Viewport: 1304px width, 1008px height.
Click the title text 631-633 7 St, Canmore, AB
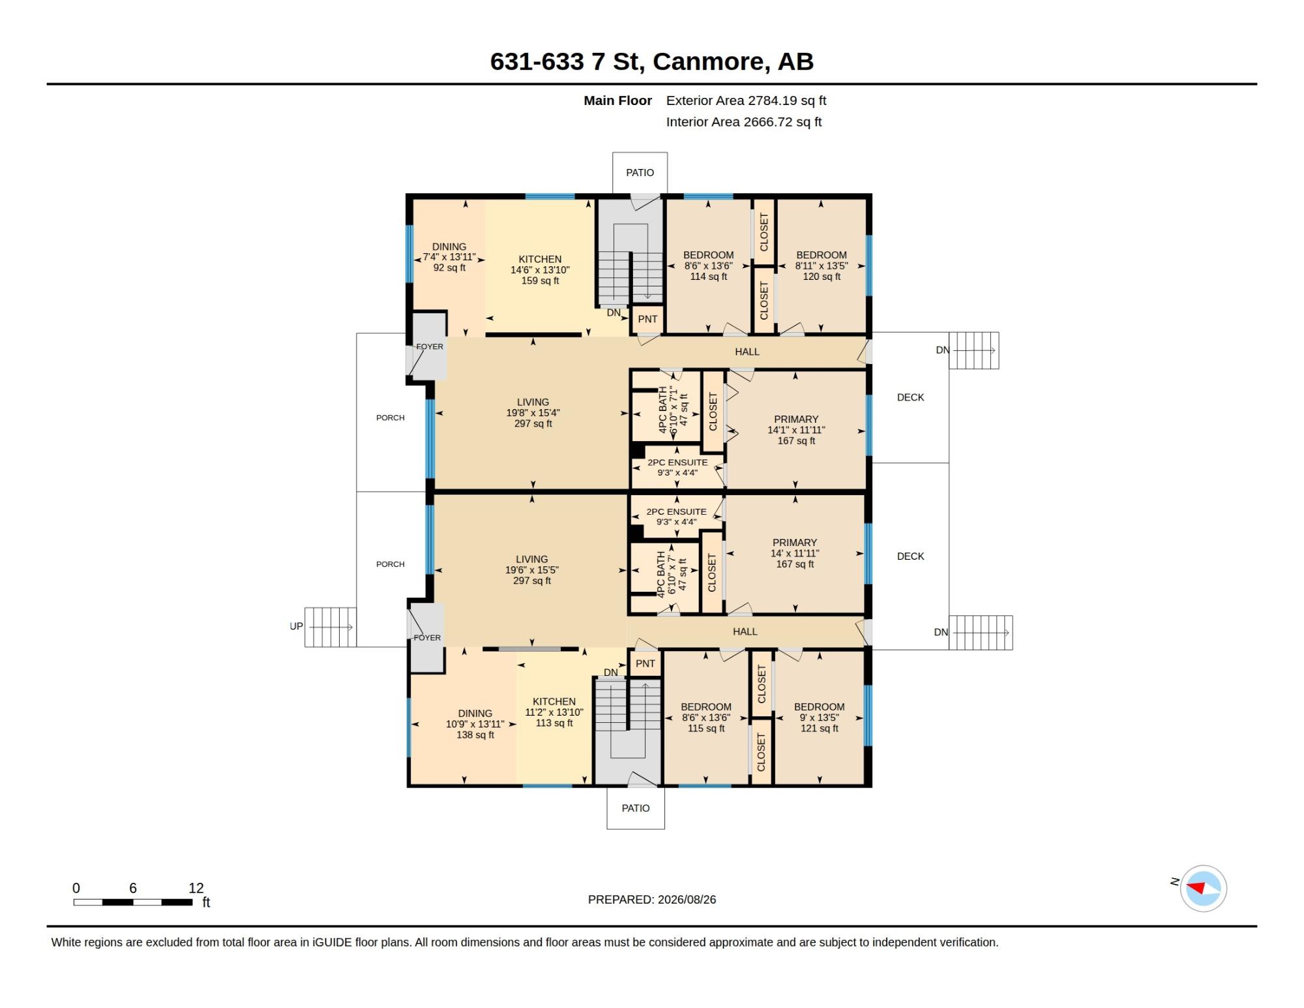[651, 61]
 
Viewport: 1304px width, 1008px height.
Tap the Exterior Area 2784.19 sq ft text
[746, 100]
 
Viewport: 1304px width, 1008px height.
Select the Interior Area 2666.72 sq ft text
[744, 122]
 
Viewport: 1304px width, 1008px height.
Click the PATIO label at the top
[640, 173]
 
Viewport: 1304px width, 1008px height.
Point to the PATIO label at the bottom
[636, 808]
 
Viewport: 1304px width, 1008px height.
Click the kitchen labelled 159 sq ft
[540, 270]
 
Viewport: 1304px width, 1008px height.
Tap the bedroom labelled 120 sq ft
[822, 266]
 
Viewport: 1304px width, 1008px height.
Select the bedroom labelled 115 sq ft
[706, 718]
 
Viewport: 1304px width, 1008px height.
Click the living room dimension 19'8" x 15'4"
[533, 413]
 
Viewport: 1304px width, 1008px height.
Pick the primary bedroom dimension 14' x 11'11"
[795, 553]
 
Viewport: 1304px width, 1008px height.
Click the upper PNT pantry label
[647, 319]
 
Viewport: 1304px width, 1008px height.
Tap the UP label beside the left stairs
[296, 626]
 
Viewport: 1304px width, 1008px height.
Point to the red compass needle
[1196, 887]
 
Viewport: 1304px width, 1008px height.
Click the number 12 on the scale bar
[196, 888]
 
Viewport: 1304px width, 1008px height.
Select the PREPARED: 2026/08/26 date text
[652, 900]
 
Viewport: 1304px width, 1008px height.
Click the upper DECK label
[910, 397]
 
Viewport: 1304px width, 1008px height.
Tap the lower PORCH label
[391, 564]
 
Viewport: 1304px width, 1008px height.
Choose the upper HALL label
[747, 352]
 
